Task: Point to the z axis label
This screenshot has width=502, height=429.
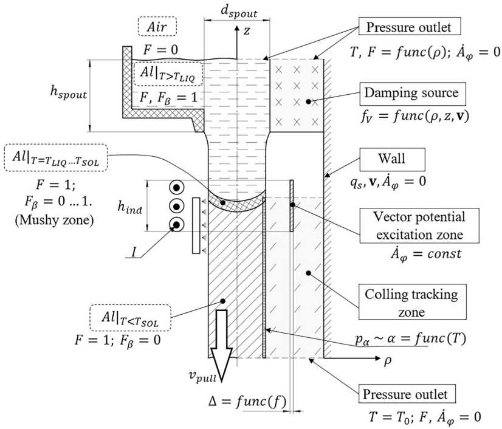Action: click(247, 31)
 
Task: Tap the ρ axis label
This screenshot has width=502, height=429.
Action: click(387, 361)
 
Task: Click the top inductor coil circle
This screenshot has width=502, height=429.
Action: click(176, 187)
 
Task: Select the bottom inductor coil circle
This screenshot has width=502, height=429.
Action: click(176, 224)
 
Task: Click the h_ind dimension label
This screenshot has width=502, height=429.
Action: click(129, 208)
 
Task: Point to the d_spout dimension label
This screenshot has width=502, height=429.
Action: click(239, 12)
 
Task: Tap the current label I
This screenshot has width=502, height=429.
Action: click(134, 252)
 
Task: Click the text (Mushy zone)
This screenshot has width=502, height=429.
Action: click(55, 220)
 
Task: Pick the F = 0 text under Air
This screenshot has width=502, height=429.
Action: click(160, 50)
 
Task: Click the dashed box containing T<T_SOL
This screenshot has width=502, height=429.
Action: click(131, 318)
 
